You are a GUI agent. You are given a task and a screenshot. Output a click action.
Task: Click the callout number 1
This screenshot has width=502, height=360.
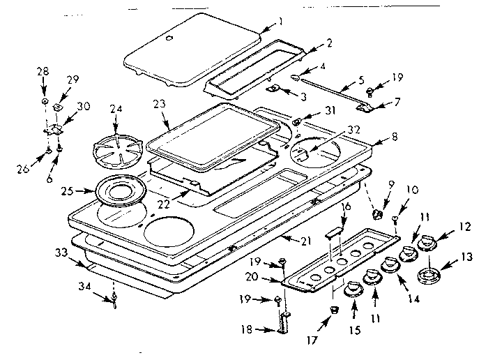click(280, 22)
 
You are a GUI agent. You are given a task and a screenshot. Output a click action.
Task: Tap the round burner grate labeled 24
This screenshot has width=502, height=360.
click(117, 147)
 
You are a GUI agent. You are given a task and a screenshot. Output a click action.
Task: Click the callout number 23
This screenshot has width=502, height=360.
click(160, 103)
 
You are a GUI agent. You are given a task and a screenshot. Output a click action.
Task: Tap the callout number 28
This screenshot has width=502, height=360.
click(43, 72)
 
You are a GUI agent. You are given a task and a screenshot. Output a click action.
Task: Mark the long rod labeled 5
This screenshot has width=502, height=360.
click(335, 90)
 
